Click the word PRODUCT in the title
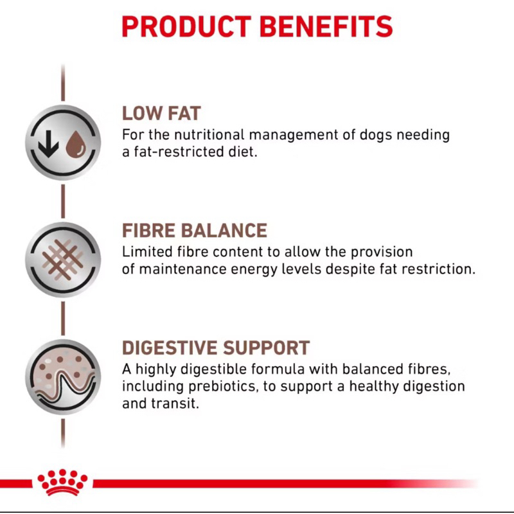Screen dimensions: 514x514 tap(186, 26)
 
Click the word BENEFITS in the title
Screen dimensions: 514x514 tap(326, 26)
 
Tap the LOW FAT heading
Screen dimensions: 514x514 tap(161, 114)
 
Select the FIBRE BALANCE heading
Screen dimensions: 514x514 tap(195, 231)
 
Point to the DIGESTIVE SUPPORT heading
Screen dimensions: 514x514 tap(216, 348)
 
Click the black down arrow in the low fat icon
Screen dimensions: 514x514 tap(48, 143)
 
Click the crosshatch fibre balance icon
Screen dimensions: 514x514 tap(63, 260)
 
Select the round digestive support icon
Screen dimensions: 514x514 tap(63, 377)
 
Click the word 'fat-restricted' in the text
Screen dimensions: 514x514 tap(177, 152)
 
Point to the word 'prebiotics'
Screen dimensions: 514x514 tap(222, 386)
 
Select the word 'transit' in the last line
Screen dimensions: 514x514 tap(175, 403)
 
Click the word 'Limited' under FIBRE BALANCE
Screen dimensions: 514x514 tap(147, 252)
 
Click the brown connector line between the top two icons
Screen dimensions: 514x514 tap(63, 201)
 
